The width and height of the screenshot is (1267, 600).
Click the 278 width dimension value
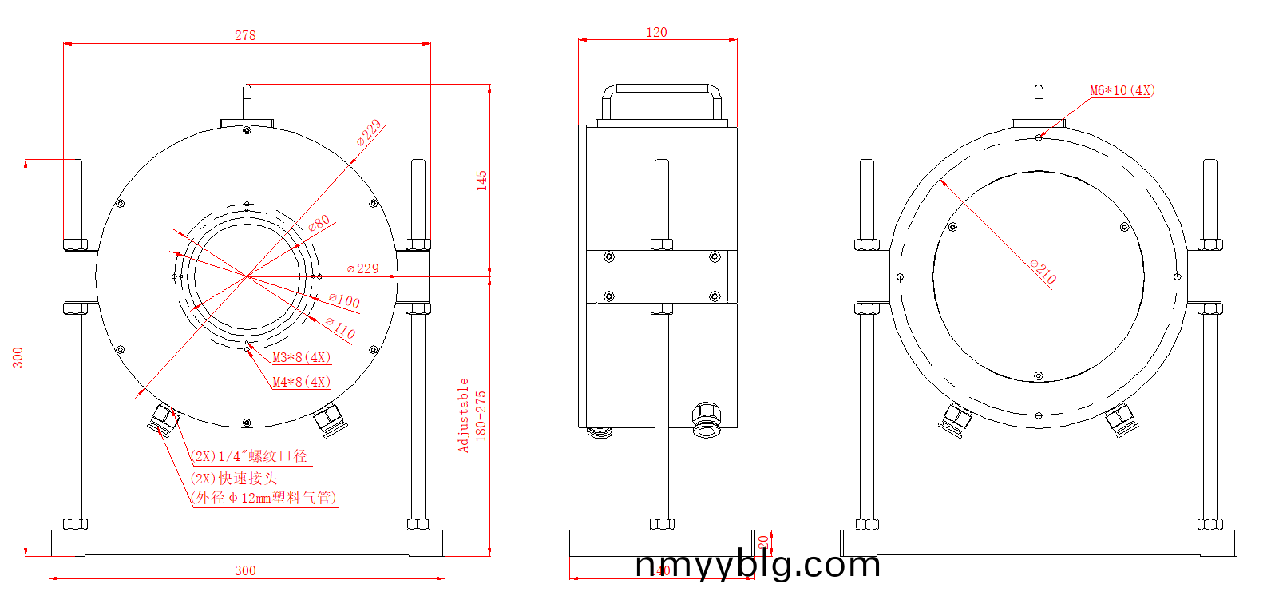[245, 35]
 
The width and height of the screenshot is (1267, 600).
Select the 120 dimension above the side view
[656, 32]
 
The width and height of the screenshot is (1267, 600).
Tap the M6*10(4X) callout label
[1122, 90]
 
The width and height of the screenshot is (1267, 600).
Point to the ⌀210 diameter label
[1043, 272]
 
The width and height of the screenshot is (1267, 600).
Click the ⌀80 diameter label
[319, 224]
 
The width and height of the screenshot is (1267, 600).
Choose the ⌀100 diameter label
[344, 300]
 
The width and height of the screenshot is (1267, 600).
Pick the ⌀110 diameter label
[340, 328]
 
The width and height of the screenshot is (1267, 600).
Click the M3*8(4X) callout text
[301, 357]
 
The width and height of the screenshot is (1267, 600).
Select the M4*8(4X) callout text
[301, 382]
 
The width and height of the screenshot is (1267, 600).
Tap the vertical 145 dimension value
[481, 180]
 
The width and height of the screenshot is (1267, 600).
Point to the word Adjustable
[463, 415]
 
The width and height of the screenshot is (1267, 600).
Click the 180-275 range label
[481, 415]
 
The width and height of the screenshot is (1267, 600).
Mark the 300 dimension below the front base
[245, 570]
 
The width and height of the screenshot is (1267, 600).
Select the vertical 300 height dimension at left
[18, 357]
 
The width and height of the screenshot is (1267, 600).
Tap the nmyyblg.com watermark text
[758, 565]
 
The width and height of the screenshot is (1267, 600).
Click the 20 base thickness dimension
[763, 542]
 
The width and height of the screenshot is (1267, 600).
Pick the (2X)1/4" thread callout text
[249, 456]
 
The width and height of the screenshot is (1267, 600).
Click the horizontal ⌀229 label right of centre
[363, 268]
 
